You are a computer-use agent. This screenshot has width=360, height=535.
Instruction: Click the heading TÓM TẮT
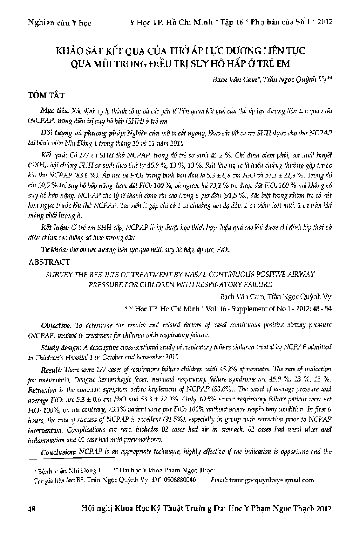(x=47, y=95)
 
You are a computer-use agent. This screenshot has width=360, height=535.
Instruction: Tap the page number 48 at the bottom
(x=31, y=509)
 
